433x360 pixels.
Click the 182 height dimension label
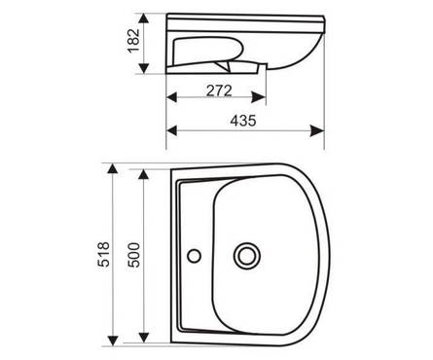click(x=133, y=41)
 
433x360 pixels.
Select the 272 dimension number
click(x=219, y=90)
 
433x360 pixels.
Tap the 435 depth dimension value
click(x=243, y=121)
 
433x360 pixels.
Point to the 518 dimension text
click(x=104, y=254)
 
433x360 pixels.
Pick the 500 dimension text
click(x=133, y=255)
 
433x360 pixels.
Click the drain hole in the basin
click(x=247, y=256)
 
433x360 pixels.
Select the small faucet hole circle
click(x=195, y=256)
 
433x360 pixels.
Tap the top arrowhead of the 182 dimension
click(x=144, y=18)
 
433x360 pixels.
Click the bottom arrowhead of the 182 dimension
click(x=144, y=68)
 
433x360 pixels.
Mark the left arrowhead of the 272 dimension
click(x=171, y=97)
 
